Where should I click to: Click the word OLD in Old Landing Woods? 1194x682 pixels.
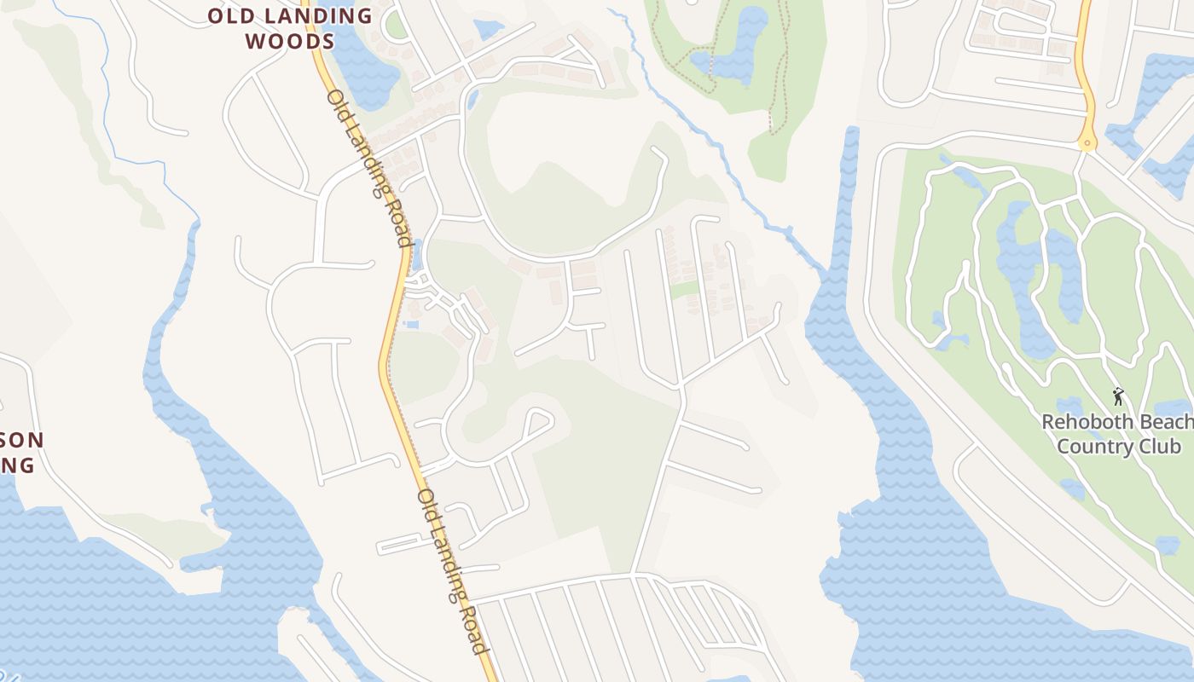[231, 16]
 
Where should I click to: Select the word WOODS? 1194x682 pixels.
[289, 40]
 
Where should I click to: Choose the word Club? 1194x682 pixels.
[1163, 447]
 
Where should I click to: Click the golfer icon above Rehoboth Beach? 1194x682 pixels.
[1118, 396]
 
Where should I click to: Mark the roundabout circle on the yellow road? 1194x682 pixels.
[1087, 143]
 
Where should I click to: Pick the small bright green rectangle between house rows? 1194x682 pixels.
[683, 290]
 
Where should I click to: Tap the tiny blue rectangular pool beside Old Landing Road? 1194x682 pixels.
[413, 324]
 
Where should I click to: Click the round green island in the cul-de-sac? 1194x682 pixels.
[396, 24]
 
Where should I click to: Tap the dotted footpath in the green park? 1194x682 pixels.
[776, 77]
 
